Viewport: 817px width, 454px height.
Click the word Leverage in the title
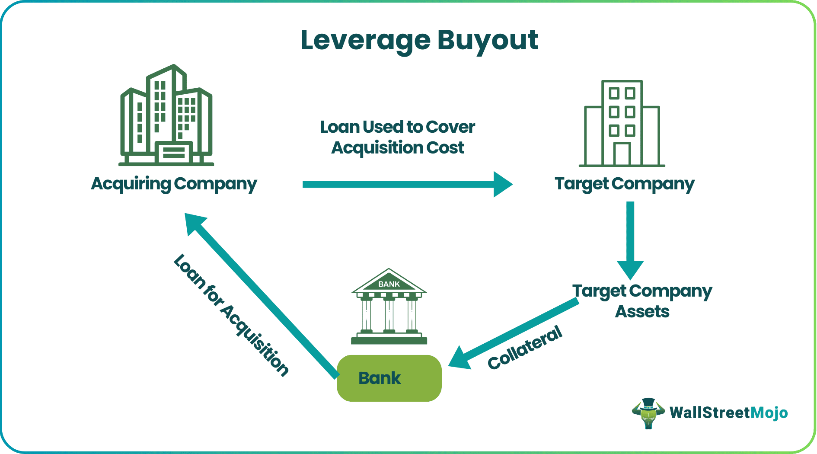[x=365, y=40]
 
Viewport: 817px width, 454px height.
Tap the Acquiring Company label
[x=174, y=184]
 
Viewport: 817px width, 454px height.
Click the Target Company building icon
[x=622, y=123]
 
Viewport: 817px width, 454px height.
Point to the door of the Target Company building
[x=622, y=154]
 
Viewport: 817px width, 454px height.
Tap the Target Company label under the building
[x=624, y=184]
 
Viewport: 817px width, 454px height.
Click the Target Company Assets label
[x=642, y=301]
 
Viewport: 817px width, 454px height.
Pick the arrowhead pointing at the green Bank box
[x=461, y=358]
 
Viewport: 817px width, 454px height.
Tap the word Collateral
[x=525, y=348]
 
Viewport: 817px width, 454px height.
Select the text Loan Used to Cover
[x=397, y=127]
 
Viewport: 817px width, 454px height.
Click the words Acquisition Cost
[x=397, y=148]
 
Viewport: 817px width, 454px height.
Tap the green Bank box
[x=389, y=378]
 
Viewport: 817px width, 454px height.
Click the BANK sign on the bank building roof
[x=389, y=284]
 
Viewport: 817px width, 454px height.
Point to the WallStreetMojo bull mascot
[x=648, y=413]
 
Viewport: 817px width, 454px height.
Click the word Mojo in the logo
[x=769, y=412]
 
